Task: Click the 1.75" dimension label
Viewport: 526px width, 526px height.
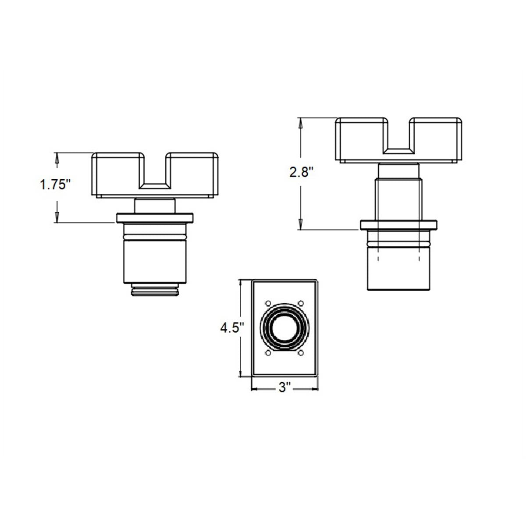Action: [x=55, y=185]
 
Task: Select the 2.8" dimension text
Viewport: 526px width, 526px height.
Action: [x=301, y=172]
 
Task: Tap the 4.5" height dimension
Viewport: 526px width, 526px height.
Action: [x=232, y=328]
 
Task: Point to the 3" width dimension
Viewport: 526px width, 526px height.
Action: [x=285, y=387]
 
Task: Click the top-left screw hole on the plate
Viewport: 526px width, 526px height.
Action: [x=268, y=303]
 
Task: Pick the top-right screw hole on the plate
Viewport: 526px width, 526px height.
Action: [x=301, y=303]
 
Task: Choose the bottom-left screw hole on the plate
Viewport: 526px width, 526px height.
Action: [x=268, y=353]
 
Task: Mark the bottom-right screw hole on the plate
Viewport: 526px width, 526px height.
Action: [x=301, y=353]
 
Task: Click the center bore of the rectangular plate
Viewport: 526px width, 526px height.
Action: [x=284, y=328]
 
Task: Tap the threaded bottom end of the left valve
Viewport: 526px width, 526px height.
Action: [x=155, y=290]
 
